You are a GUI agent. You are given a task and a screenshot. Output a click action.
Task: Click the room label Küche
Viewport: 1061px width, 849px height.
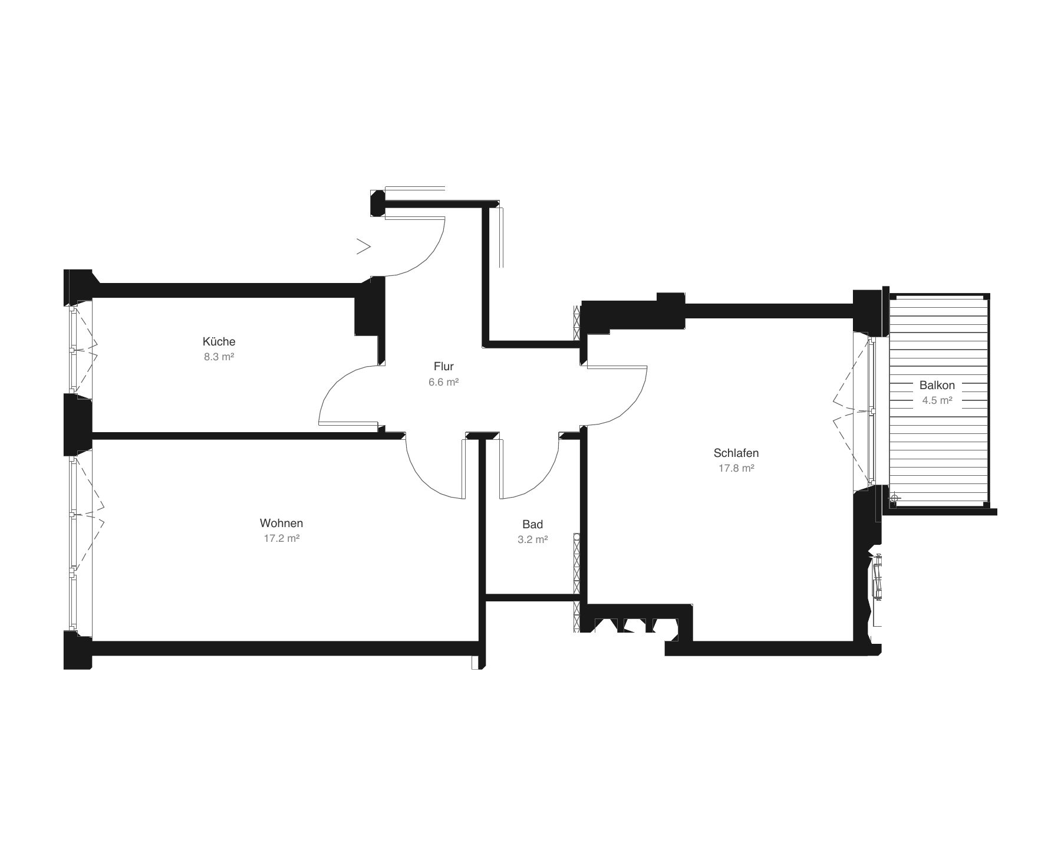[x=219, y=341]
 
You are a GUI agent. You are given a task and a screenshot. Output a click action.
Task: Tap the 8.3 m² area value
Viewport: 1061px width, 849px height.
[x=219, y=357]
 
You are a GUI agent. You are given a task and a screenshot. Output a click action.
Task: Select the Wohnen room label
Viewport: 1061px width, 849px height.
[x=281, y=523]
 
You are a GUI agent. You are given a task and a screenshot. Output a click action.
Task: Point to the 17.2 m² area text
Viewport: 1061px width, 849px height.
[x=282, y=538]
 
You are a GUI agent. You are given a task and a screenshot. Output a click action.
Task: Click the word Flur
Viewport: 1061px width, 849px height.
[x=443, y=366]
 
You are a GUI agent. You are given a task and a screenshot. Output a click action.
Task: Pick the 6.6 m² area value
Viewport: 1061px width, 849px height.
[x=444, y=381]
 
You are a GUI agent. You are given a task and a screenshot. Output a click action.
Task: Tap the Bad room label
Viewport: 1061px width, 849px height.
[x=532, y=524]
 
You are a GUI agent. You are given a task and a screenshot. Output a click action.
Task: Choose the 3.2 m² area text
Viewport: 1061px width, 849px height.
[x=533, y=539]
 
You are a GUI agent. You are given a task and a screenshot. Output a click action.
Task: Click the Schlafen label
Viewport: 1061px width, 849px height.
[x=736, y=453]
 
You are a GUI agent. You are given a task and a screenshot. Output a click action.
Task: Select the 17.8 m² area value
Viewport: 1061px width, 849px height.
[x=736, y=468]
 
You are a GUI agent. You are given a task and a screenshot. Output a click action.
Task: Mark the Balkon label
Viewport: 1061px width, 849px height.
[x=937, y=385]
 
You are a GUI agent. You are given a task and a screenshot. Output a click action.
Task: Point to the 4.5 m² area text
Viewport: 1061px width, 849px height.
[x=937, y=400]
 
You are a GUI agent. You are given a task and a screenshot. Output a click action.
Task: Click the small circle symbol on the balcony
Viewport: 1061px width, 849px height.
[x=894, y=498]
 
